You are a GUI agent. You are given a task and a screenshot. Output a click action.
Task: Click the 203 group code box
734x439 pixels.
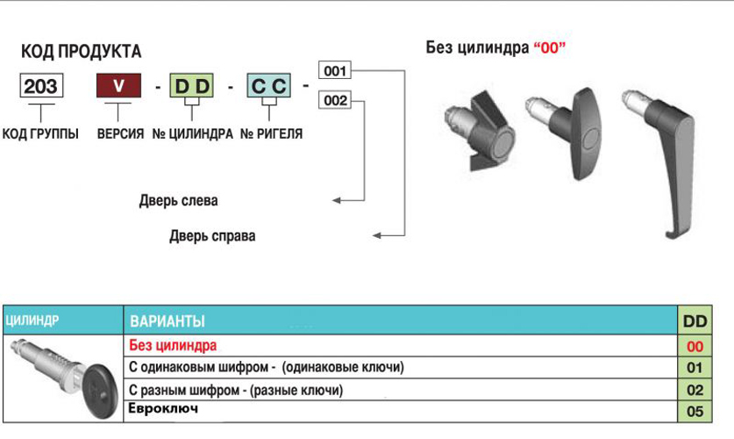[41, 86]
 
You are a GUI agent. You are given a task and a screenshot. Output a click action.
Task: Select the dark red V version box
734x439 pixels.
[118, 85]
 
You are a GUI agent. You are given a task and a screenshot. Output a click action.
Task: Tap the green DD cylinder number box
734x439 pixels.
[191, 86]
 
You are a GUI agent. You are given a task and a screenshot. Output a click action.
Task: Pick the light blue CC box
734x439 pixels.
[268, 86]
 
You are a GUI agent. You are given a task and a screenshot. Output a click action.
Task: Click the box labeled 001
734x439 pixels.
[335, 70]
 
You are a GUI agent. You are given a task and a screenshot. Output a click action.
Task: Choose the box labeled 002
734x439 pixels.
[335, 100]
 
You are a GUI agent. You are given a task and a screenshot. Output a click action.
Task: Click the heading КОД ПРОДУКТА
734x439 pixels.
[81, 51]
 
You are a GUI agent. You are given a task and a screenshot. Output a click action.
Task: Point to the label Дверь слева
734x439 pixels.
[178, 200]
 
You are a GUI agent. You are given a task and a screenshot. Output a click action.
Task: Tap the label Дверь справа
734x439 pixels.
[212, 235]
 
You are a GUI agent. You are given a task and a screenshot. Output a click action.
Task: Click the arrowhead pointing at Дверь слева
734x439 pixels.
[336, 200]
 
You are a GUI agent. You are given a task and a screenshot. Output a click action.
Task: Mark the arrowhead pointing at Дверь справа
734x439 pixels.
[377, 235]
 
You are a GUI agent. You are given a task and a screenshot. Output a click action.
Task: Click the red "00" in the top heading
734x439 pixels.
[550, 47]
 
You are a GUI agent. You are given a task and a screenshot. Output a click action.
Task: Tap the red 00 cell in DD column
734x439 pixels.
[695, 346]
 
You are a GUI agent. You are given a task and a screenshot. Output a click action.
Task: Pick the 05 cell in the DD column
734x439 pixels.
[695, 412]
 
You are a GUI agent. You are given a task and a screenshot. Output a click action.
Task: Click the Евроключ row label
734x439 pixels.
[163, 408]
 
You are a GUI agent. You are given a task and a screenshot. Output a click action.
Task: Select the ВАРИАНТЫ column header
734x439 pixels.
[167, 321]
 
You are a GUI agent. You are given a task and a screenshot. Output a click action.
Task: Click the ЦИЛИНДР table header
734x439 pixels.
[32, 320]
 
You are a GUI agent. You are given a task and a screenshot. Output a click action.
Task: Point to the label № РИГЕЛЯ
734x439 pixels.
[272, 134]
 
